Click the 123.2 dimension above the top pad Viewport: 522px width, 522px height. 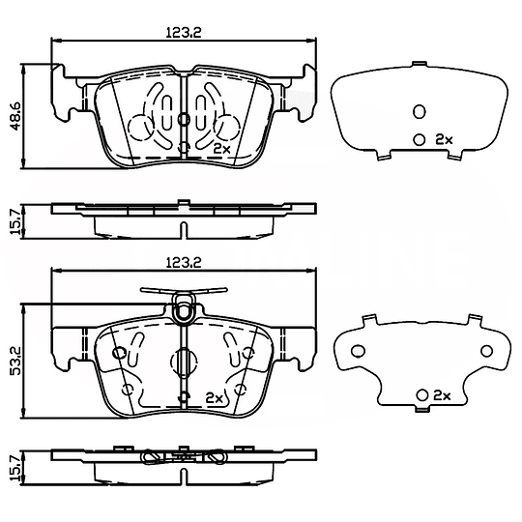click(184, 32)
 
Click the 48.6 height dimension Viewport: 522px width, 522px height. click(15, 116)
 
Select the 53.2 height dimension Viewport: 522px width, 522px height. click(15, 361)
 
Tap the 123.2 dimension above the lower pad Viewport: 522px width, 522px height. click(184, 262)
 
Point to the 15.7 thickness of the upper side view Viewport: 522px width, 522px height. click(15, 221)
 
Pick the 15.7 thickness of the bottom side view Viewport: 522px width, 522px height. click(15, 468)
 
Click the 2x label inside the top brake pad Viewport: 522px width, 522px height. click(221, 148)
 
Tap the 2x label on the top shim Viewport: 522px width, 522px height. click(444, 139)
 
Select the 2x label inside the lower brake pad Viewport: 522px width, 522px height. click(214, 398)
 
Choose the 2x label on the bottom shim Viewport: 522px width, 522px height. click(442, 395)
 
